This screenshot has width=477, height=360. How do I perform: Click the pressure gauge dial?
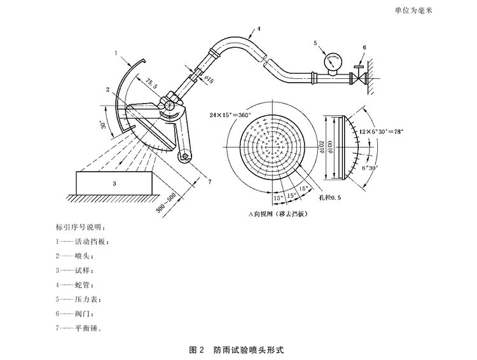click(x=331, y=62)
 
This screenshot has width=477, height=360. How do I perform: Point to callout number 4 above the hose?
click(x=259, y=28)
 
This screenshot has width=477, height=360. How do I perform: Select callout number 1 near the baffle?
click(x=116, y=53)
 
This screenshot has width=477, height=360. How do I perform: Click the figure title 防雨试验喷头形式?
click(x=249, y=350)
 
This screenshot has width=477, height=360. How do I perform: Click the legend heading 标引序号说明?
click(x=83, y=226)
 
